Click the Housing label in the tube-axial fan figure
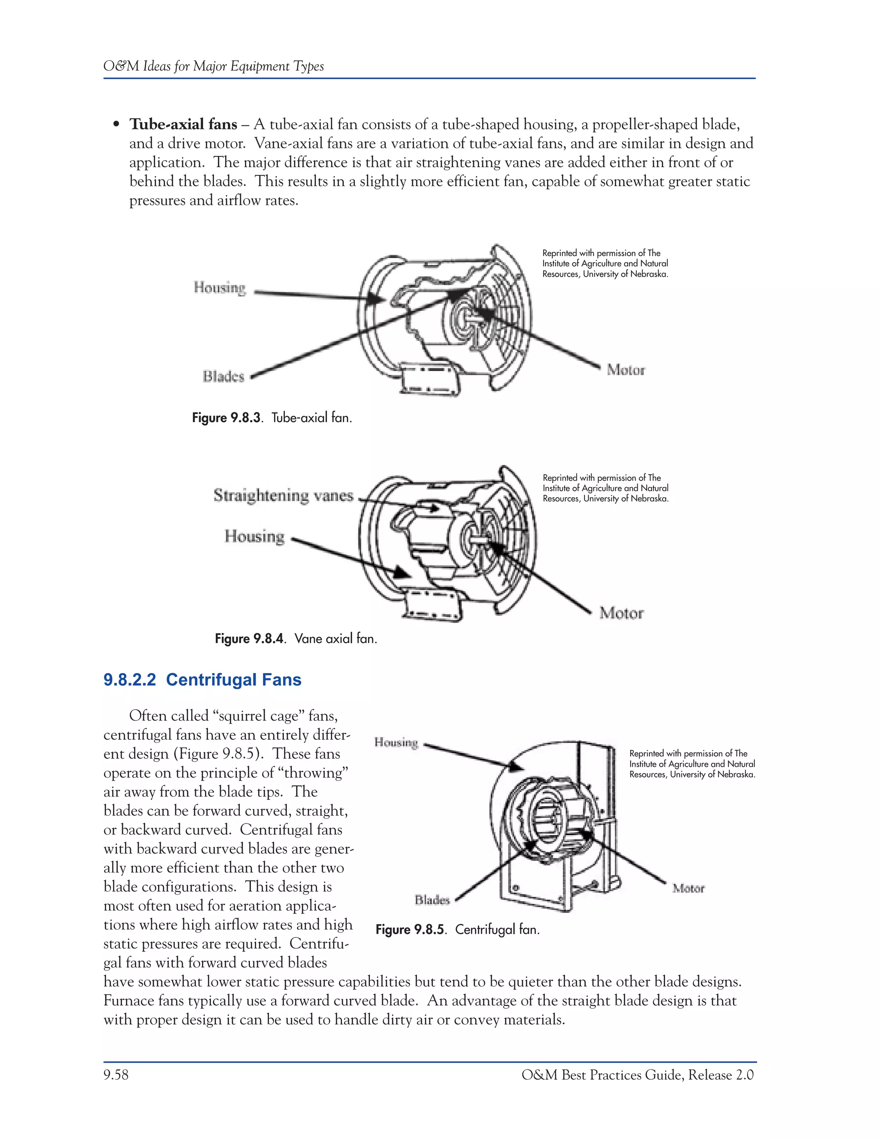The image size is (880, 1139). pyautogui.click(x=220, y=288)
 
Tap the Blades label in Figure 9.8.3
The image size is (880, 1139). pyautogui.click(x=223, y=377)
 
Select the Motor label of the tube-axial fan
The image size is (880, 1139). pyautogui.click(x=626, y=370)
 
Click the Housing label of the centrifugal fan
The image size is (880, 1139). pyautogui.click(x=396, y=742)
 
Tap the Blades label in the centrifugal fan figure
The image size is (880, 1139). pyautogui.click(x=432, y=900)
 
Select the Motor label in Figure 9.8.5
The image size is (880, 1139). pyautogui.click(x=688, y=888)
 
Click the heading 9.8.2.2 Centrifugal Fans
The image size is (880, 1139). pyautogui.click(x=202, y=680)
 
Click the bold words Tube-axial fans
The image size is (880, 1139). pyautogui.click(x=183, y=124)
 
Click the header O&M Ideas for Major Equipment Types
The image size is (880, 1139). pyautogui.click(x=213, y=66)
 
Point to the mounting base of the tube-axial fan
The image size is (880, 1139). pyautogui.click(x=430, y=381)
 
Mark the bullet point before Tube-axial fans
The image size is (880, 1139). pyautogui.click(x=117, y=125)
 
